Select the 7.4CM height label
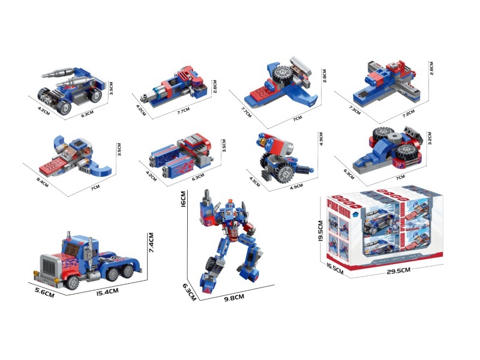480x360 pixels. pos(152,245)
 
